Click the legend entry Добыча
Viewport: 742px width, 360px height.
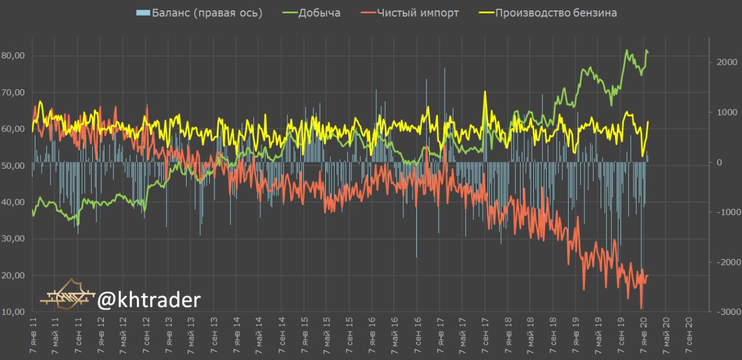coord(319,13)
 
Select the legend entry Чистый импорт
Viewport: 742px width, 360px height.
coord(417,13)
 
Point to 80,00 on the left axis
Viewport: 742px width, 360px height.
coord(13,56)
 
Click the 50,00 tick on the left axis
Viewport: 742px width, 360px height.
coord(13,166)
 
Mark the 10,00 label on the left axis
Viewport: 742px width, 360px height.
coord(13,312)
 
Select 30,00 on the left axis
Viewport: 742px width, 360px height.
coord(13,239)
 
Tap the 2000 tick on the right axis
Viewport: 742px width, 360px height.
coord(726,62)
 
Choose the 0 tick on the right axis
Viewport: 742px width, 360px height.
coord(719,162)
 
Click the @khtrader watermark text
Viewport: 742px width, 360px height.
coord(149,300)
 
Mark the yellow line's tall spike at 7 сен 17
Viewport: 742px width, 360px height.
coord(485,93)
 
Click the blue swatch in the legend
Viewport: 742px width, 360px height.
coord(143,13)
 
